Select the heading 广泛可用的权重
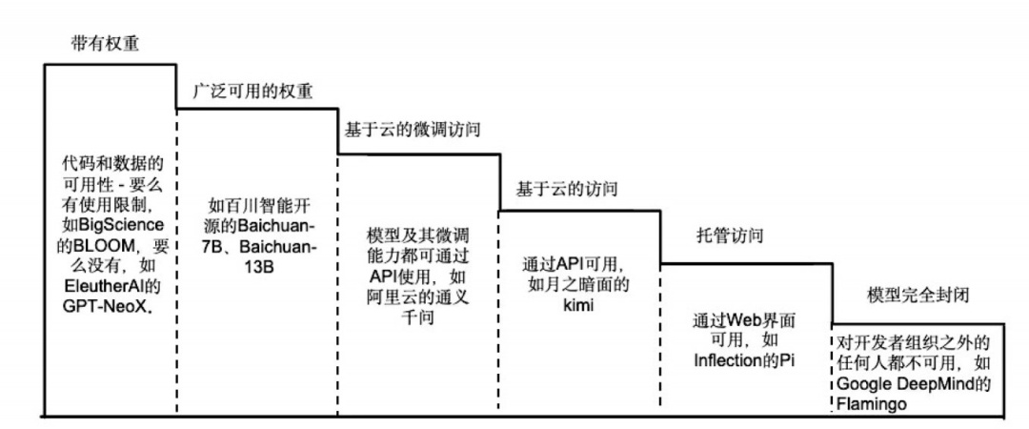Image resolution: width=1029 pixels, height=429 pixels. [x=252, y=91]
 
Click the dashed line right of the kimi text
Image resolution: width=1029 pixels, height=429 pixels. [x=660, y=336]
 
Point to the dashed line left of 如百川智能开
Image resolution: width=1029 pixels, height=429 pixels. [x=177, y=262]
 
